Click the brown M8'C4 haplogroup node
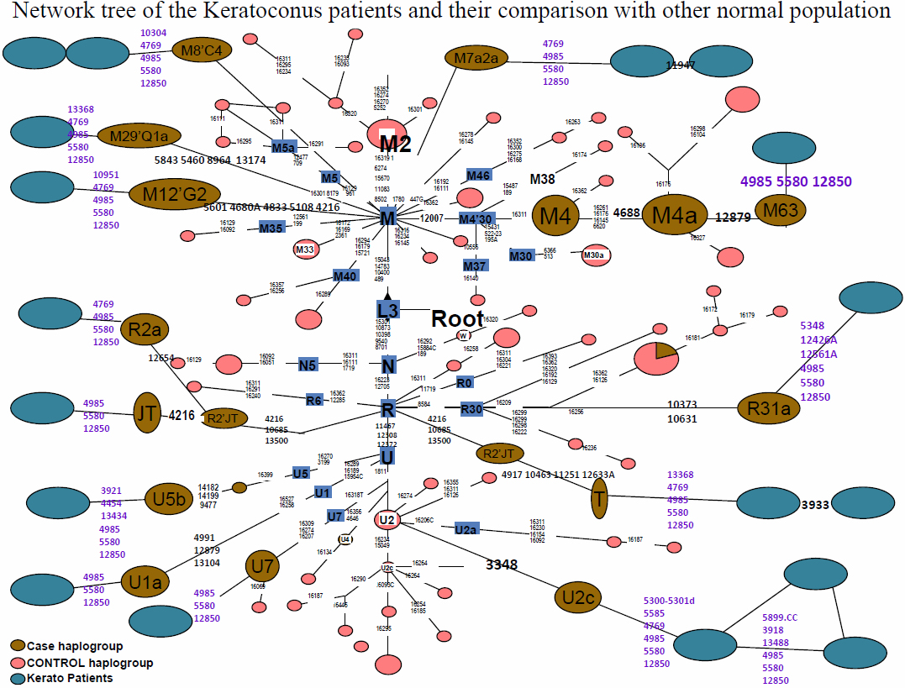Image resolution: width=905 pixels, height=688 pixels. point(202,51)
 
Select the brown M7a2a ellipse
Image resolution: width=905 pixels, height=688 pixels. point(476,59)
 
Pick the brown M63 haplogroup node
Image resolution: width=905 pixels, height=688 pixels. point(781,212)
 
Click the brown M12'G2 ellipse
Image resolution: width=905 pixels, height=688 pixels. point(175,195)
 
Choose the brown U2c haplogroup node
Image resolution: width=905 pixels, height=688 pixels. point(579,598)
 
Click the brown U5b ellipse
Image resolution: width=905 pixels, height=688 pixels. point(169,497)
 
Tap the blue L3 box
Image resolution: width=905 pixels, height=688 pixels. point(387,310)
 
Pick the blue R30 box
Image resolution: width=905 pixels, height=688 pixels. point(472,410)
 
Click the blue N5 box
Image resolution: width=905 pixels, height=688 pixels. point(308,365)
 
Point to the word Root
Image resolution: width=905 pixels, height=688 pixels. point(457,319)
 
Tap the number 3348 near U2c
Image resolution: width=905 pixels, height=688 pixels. point(502,565)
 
